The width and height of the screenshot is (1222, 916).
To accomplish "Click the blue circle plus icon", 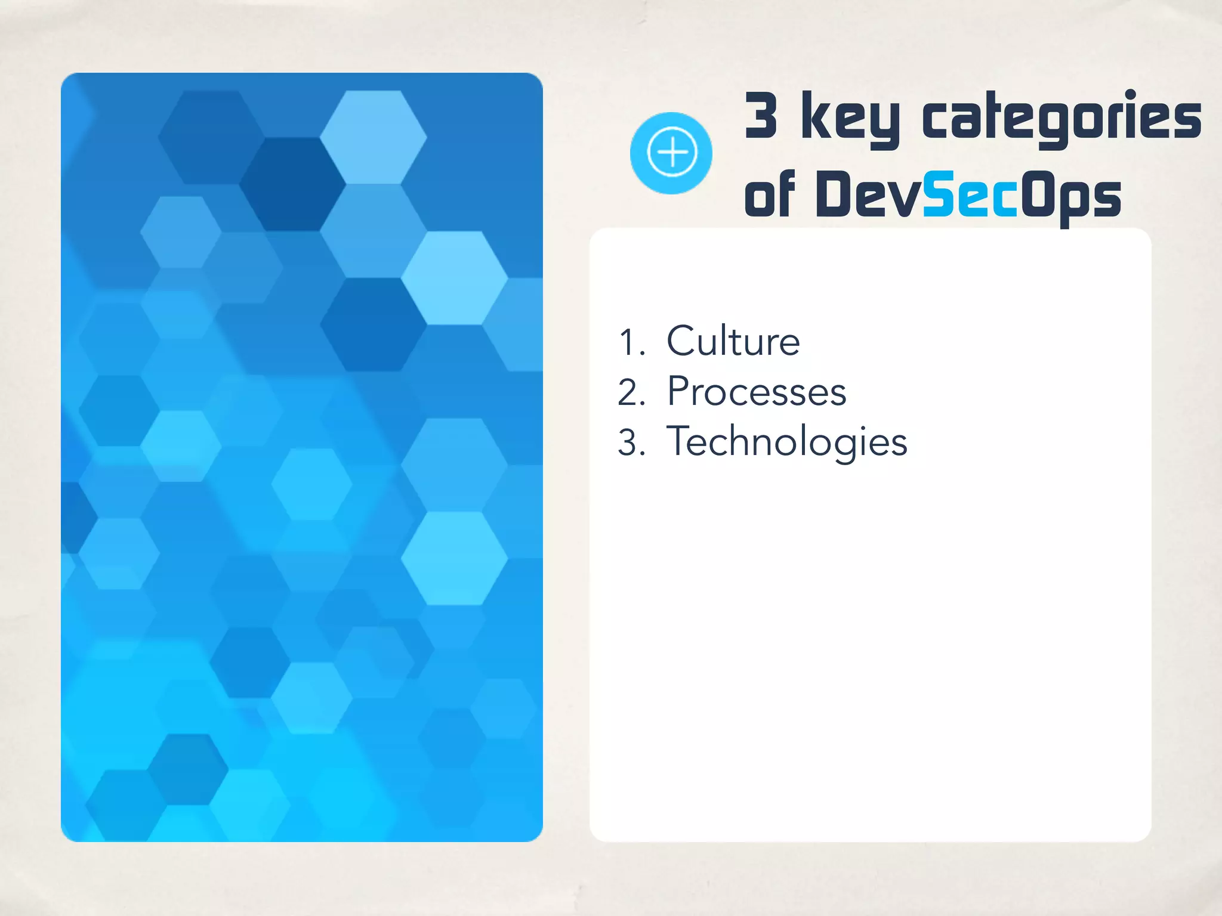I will click(671, 153).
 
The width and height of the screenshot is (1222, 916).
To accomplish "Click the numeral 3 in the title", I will click(761, 115).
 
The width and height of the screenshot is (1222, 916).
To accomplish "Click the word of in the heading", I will click(770, 194).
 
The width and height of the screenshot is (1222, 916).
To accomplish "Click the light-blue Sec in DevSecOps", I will click(970, 194).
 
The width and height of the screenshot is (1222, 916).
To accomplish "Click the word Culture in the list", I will click(733, 341).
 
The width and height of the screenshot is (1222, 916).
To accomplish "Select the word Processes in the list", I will click(757, 392).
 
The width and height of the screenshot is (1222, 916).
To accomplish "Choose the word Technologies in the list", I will click(786, 442).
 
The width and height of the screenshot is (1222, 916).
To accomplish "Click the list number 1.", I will click(631, 342).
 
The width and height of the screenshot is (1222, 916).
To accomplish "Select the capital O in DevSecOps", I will click(1039, 193).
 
